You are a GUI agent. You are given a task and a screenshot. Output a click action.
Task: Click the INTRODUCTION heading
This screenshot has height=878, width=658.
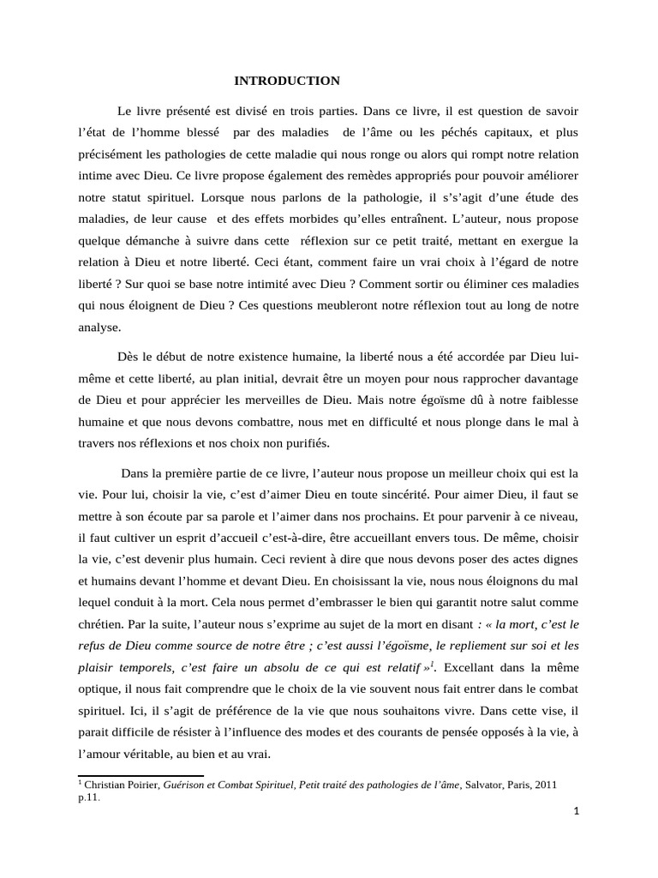pos(287,81)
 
